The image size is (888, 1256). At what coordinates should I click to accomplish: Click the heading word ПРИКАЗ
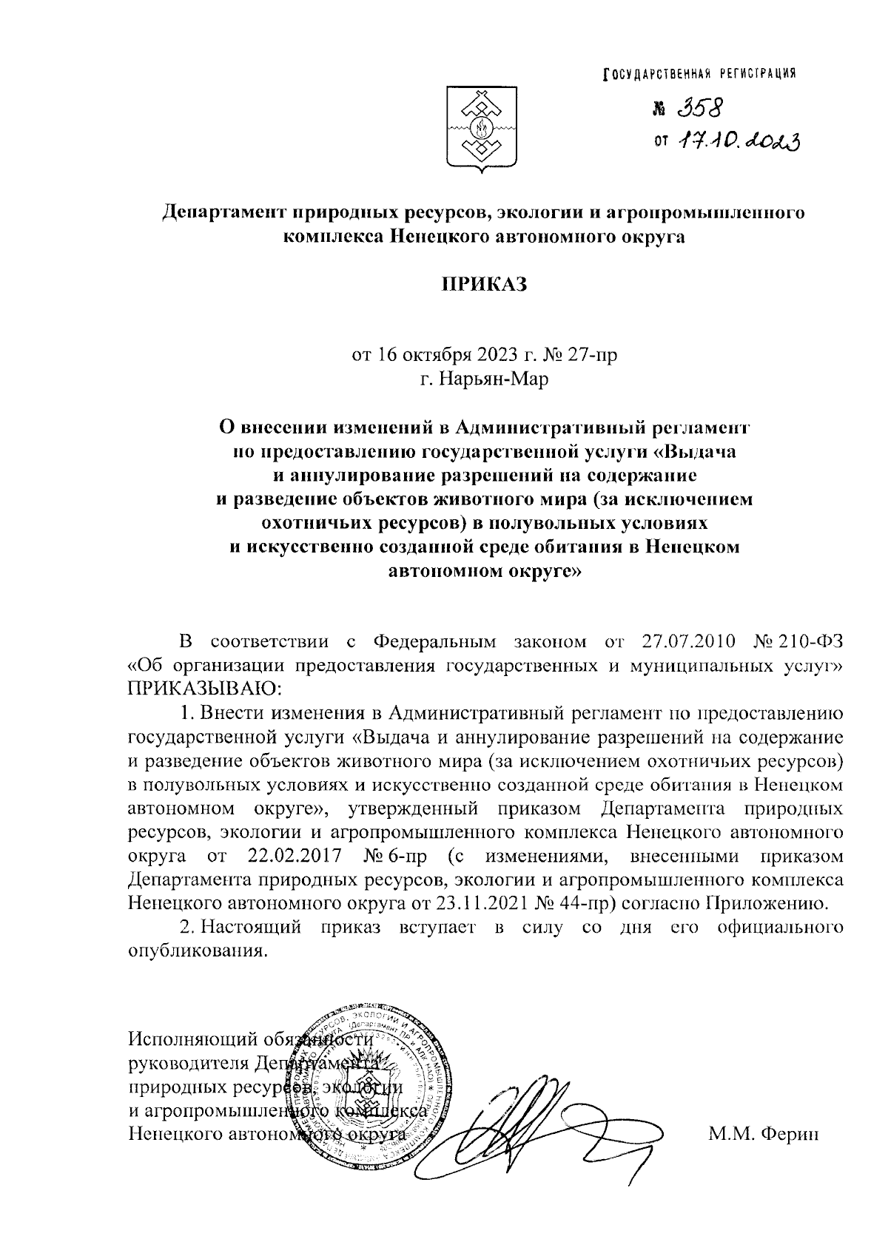[x=483, y=285]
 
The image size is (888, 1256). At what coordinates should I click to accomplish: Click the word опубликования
[x=196, y=951]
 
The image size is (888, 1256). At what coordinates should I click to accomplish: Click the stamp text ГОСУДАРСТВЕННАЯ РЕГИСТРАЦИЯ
[x=700, y=72]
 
